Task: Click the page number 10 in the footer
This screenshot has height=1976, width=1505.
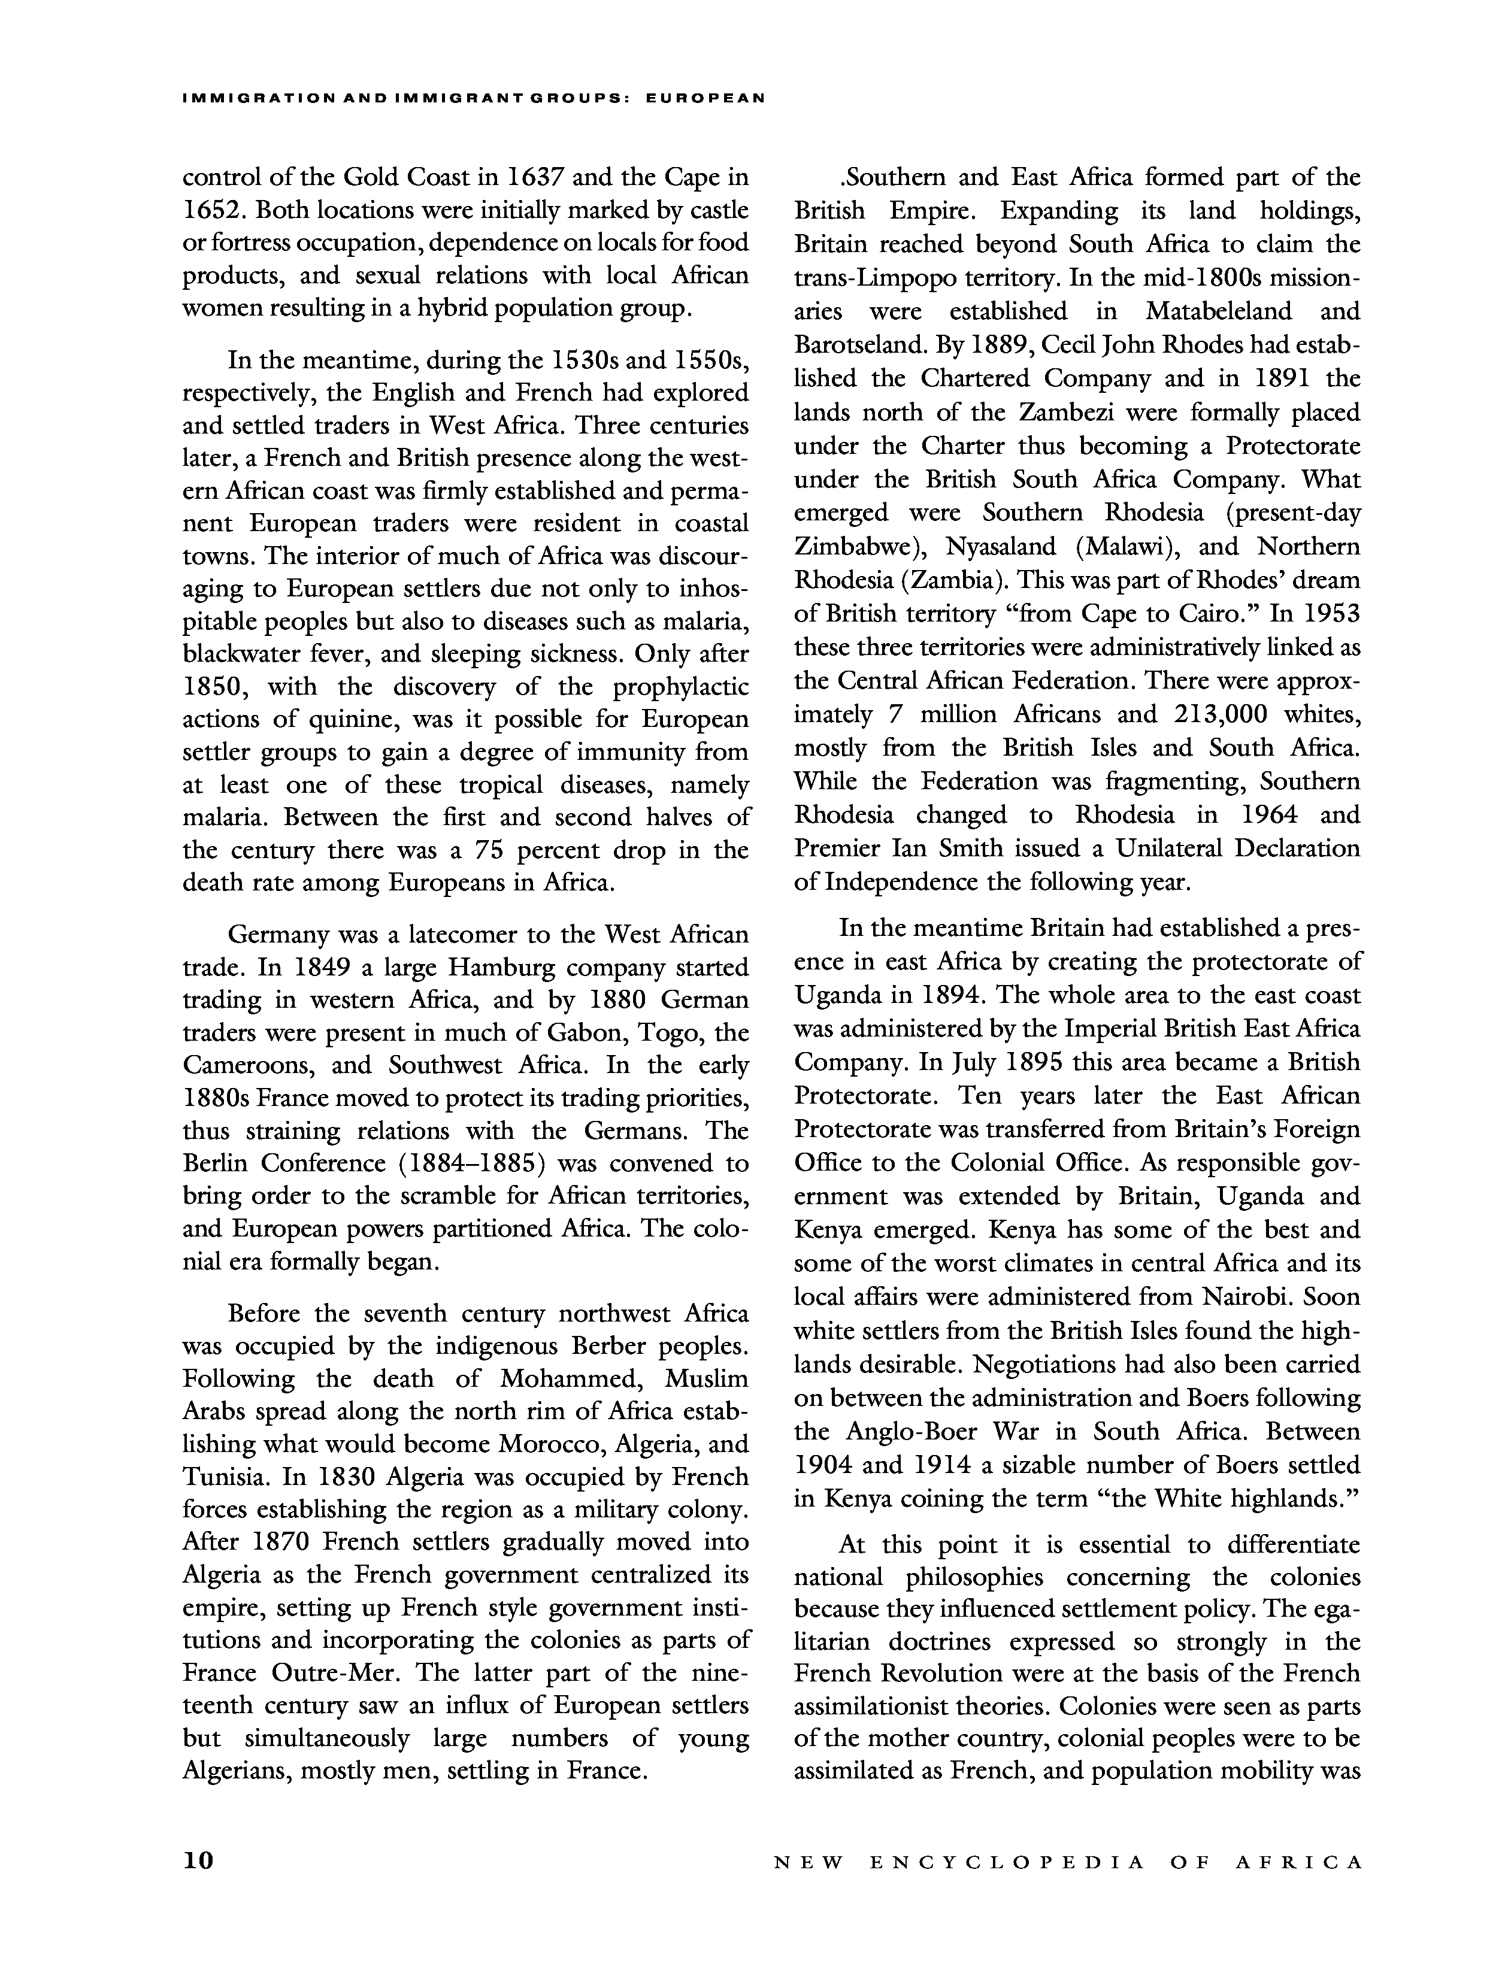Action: coord(198,1862)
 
